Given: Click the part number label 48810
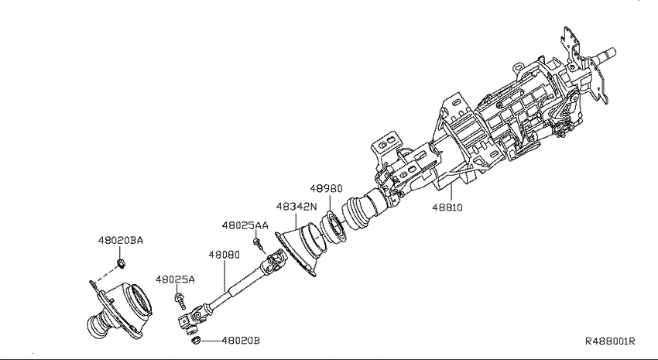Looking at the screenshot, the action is coord(447,207).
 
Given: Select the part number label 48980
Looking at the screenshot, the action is coord(326,189).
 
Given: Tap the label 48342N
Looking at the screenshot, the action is coord(296,207).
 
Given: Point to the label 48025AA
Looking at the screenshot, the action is coord(245,226).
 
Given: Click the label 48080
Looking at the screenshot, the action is coord(224,255).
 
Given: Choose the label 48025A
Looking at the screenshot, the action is coord(176,279).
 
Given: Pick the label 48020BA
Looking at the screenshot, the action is coord(121,241).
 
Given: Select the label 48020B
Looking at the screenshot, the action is coord(241,341).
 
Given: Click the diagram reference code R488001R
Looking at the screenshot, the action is coord(610,341).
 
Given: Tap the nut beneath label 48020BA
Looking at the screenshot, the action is coord(121,264).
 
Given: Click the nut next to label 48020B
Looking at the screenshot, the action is coord(195,341).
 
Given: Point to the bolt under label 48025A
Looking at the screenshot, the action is coord(180,302).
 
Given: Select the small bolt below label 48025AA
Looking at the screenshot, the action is coord(259,245).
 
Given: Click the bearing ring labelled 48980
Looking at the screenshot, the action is coord(333,228).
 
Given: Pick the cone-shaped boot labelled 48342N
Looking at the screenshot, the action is coord(301,249).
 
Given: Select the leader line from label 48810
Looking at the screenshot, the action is coord(451,193).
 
